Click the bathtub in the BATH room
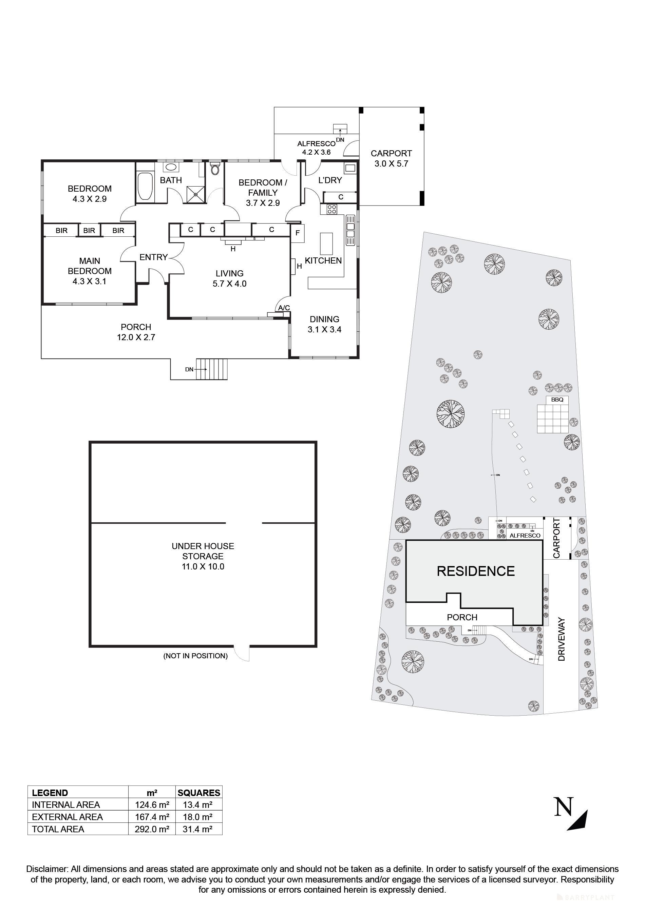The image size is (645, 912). coord(145,186)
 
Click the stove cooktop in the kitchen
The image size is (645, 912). coord(331,209)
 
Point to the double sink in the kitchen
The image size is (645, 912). coord(350,230)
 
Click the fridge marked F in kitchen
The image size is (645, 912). coord(298,234)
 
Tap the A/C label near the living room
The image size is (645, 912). coord(284,308)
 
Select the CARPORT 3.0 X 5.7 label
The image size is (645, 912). coord(391,158)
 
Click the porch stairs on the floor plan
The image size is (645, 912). coord(213,369)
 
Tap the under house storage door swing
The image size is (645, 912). coord(242,652)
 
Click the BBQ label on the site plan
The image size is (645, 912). coord(557,400)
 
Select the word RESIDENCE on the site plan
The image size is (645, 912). coord(475,571)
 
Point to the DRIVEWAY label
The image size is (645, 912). coord(561,639)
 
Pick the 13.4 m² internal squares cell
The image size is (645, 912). coord(197,805)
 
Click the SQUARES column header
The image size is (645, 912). coord(199,793)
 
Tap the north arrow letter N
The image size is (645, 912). coord(563,807)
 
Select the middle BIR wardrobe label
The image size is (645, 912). coord(89,230)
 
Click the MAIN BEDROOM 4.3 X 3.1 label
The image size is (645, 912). coord(90,271)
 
